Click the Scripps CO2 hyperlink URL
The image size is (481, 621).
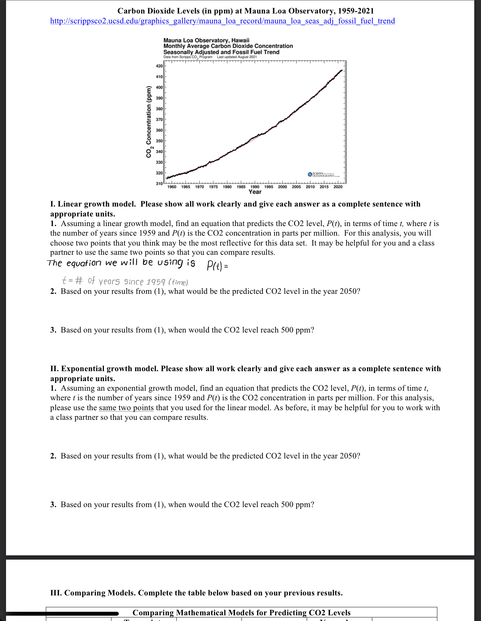tap(222, 21)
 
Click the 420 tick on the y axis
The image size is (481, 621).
tap(159, 66)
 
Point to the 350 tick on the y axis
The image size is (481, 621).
tap(159, 141)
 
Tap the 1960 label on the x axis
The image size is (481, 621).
tap(172, 187)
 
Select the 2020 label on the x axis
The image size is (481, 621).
tap(338, 187)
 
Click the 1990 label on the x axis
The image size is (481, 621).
tap(255, 187)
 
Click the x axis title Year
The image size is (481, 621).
tap(255, 192)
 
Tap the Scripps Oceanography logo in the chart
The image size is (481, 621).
tap(324, 175)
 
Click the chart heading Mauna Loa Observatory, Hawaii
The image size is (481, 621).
tap(206, 40)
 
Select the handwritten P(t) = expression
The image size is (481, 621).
tap(217, 265)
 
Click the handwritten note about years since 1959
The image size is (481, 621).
tap(125, 281)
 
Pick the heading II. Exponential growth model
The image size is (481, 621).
tap(104, 369)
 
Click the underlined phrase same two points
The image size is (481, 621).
tap(126, 408)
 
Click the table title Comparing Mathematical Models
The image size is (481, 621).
tap(241, 613)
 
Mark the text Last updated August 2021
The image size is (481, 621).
tap(237, 57)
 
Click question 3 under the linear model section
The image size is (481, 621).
tap(182, 330)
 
